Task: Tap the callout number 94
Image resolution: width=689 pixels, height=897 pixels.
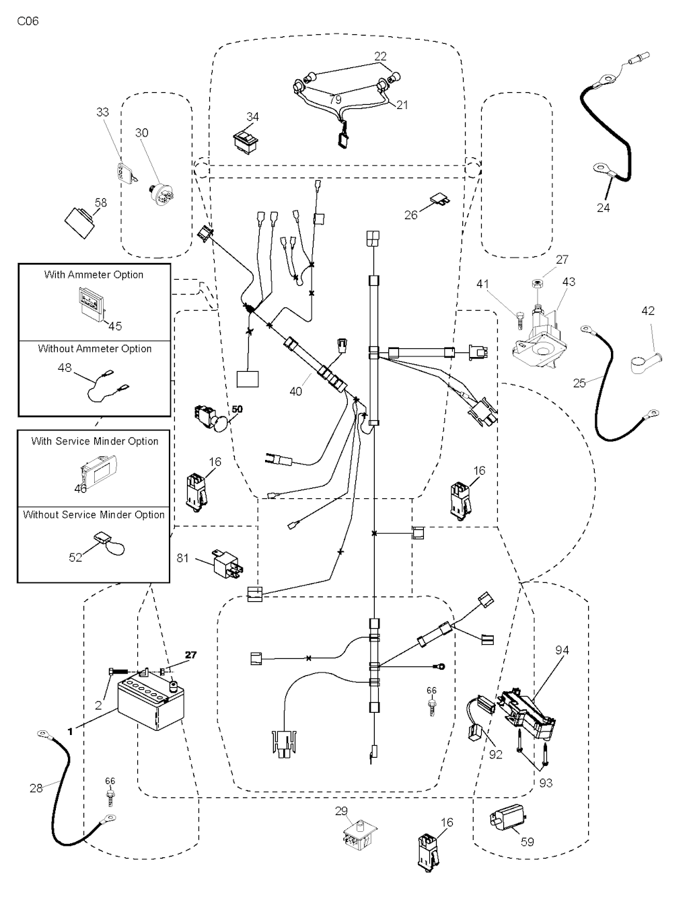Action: [562, 650]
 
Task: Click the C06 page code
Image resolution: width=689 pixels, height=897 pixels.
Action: [28, 22]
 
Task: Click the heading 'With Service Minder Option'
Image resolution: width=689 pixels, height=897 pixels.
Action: [95, 441]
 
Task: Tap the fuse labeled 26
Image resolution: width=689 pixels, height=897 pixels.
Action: [439, 199]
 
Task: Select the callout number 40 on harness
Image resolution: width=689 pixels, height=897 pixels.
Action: [296, 391]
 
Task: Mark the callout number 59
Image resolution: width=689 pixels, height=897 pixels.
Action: [528, 841]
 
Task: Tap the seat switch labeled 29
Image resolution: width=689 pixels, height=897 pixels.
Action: [357, 836]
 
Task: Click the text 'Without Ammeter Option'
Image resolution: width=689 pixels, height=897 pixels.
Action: [95, 348]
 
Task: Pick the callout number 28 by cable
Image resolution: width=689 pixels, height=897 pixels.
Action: [36, 787]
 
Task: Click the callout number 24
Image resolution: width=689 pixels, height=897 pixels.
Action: [604, 208]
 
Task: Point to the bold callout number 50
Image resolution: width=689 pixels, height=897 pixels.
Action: [237, 409]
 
